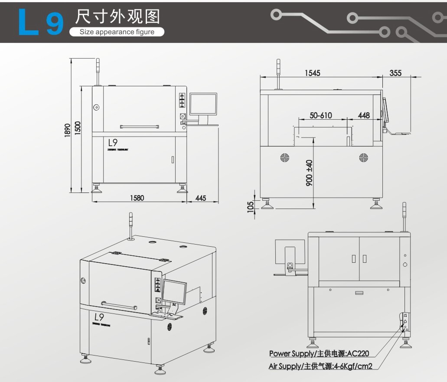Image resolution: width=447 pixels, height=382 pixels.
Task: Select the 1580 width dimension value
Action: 137,198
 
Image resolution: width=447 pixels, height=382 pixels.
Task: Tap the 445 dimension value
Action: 201,198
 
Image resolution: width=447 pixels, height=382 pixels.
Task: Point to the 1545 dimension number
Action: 312,73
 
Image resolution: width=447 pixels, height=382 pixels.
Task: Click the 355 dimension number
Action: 395,73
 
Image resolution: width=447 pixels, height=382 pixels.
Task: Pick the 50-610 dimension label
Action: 321,115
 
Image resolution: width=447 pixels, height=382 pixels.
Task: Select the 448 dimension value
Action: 364,115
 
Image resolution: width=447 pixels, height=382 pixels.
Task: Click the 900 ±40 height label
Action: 309,173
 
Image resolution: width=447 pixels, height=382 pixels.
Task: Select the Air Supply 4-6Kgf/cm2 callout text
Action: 320,366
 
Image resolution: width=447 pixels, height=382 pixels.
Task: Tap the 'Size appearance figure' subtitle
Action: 117,32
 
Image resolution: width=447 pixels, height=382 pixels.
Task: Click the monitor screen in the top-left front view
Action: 203,104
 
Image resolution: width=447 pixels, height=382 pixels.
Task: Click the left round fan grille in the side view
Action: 285,157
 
